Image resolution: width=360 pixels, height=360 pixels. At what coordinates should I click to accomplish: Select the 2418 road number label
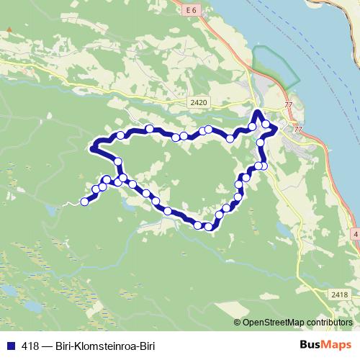pyautogui.click(x=341, y=294)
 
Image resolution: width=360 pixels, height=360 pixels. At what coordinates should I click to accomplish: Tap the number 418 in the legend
pyautogui.click(x=30, y=345)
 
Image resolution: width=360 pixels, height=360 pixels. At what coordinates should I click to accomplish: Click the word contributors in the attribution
pyautogui.click(x=329, y=322)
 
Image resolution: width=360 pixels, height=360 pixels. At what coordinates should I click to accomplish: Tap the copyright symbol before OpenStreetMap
pyautogui.click(x=238, y=322)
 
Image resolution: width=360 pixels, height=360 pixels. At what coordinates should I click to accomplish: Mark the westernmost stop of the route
pyautogui.click(x=84, y=202)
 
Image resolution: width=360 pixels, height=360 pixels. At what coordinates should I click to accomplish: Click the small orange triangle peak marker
pyautogui.click(x=9, y=30)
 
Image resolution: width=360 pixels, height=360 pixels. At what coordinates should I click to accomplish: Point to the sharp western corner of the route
pyautogui.click(x=91, y=149)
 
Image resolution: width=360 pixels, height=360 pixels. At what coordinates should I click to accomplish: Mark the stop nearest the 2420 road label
pyautogui.click(x=208, y=130)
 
